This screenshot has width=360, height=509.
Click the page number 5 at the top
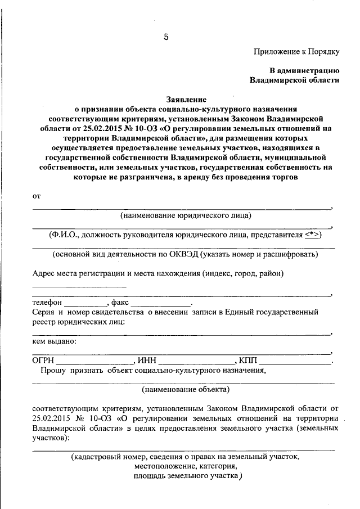tap(166, 38)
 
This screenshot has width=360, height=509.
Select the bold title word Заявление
tap(185, 98)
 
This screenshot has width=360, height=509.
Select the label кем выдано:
tap(54, 341)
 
